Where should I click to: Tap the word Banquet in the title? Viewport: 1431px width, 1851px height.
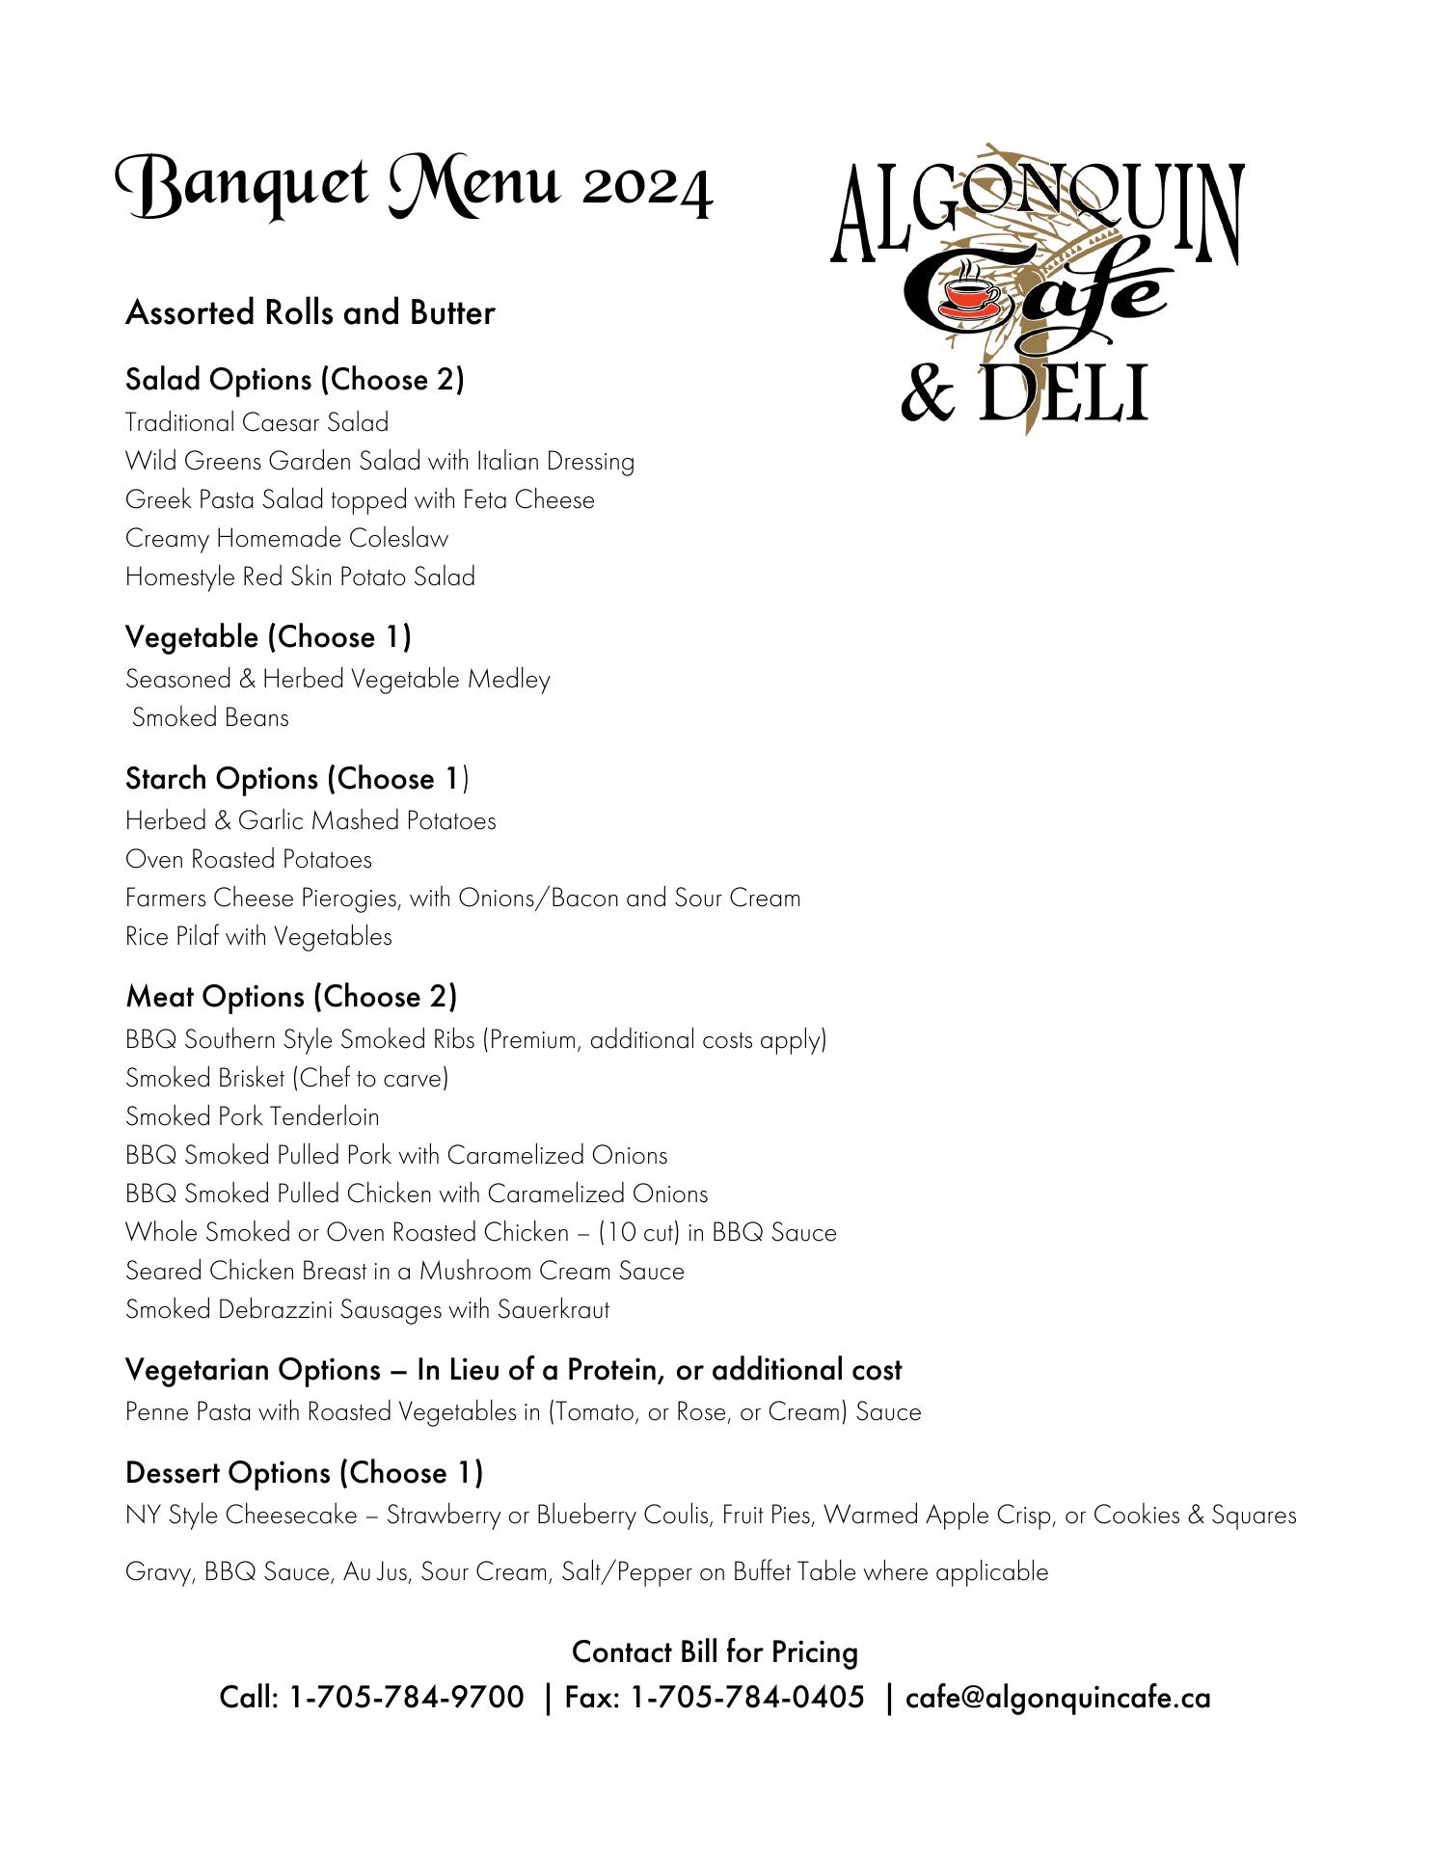tap(242, 184)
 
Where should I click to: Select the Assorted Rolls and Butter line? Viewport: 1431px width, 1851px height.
tap(310, 313)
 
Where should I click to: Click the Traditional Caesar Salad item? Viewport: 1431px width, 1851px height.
tap(256, 423)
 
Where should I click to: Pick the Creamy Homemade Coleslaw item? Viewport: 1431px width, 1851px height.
tap(286, 539)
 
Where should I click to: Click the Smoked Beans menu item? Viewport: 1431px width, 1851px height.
tap(210, 718)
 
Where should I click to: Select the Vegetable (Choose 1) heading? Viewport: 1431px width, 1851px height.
tap(268, 637)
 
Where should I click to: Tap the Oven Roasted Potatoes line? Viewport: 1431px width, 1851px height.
tap(249, 860)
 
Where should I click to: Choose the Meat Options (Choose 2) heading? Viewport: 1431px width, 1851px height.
tap(291, 997)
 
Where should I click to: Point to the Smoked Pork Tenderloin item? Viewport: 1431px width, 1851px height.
tap(253, 1117)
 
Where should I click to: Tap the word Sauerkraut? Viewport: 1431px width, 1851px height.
tap(553, 1310)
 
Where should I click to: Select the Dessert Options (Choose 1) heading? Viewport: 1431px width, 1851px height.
tap(304, 1473)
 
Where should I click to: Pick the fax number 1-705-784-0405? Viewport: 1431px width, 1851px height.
tap(747, 1698)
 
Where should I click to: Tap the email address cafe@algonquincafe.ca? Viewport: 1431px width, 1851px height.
tap(1058, 1698)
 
